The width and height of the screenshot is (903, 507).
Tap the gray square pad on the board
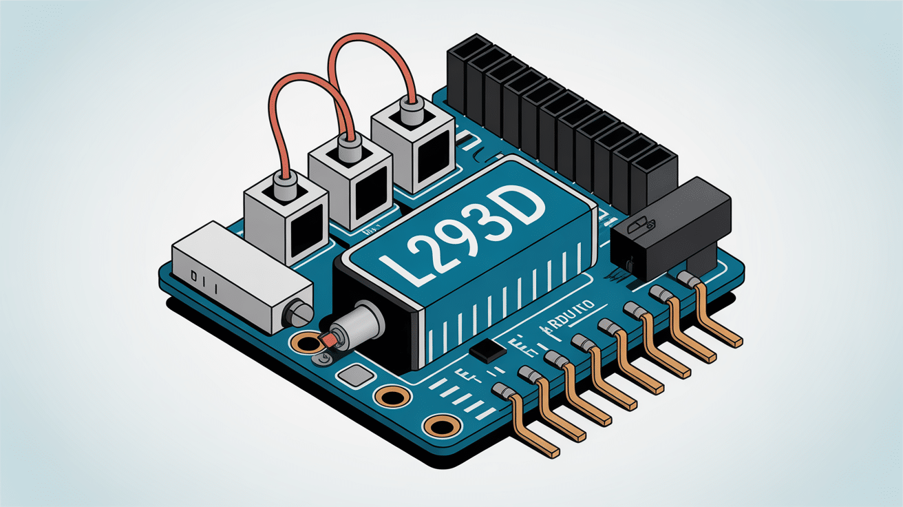(x=356, y=377)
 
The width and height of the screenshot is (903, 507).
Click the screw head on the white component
(x=297, y=315)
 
